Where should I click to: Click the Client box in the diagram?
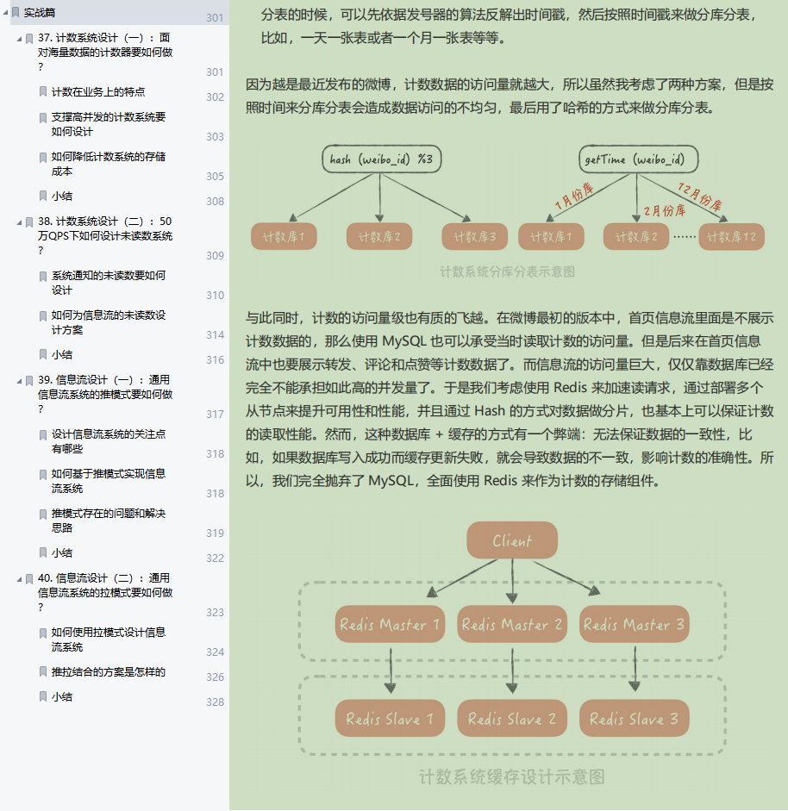[x=512, y=540]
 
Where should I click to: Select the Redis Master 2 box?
[x=512, y=624]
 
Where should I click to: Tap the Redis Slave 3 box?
[x=635, y=719]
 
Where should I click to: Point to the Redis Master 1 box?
[x=390, y=624]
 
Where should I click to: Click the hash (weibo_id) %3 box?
[x=381, y=159]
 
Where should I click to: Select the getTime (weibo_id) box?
[x=639, y=159]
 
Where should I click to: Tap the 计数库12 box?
[x=732, y=237]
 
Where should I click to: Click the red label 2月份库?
[x=665, y=210]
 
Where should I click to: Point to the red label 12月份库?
[x=700, y=197]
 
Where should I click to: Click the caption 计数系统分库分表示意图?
[x=508, y=271]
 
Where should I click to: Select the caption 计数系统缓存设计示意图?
[x=512, y=777]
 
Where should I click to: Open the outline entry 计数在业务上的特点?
[x=98, y=92]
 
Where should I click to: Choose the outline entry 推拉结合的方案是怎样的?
[x=109, y=672]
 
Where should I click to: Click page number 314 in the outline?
[x=216, y=335]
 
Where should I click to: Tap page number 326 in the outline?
[x=216, y=677]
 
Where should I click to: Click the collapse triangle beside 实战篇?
[x=6, y=12]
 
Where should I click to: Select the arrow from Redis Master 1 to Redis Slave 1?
[x=391, y=671]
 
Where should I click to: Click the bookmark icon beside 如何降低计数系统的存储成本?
[x=43, y=157]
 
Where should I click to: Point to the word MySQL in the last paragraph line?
[x=391, y=481]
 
